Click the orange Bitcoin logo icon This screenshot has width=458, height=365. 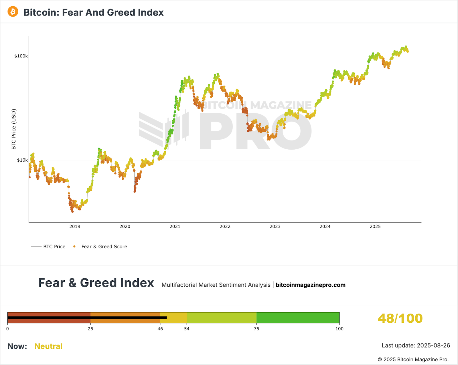click(13, 12)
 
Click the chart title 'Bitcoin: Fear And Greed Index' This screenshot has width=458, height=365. click(93, 13)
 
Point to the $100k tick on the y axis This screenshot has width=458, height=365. click(21, 56)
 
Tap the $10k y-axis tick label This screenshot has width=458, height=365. click(22, 160)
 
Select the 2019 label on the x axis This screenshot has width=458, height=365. click(75, 227)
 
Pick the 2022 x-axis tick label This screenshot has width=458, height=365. click(225, 227)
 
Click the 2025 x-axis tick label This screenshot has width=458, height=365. click(375, 227)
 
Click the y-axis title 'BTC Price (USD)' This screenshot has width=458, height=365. click(14, 129)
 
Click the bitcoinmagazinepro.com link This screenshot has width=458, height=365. click(310, 285)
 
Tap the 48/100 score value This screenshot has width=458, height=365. click(400, 318)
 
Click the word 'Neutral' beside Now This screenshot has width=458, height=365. click(48, 346)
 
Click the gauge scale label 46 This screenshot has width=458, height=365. click(160, 329)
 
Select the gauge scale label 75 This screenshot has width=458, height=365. click(256, 329)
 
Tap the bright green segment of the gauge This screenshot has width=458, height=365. click(298, 318)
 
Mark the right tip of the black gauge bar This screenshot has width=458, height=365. click(166, 318)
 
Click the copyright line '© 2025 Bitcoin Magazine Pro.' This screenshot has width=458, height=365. click(413, 360)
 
